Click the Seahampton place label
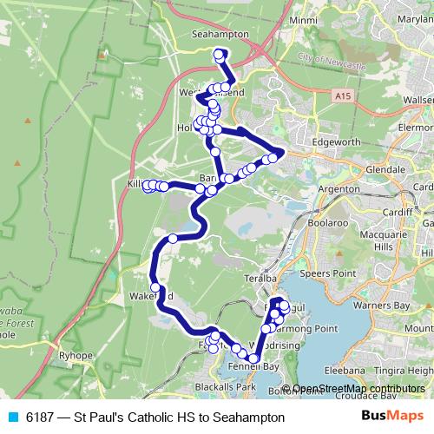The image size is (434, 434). [220, 35]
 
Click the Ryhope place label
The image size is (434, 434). [70, 355]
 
